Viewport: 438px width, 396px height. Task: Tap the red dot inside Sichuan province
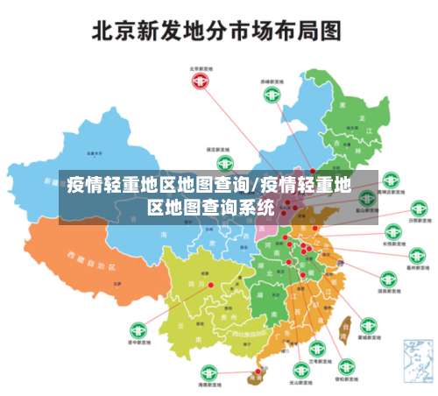210,286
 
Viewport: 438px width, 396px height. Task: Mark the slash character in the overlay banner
254,186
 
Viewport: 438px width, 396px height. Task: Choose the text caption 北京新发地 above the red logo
202,67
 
